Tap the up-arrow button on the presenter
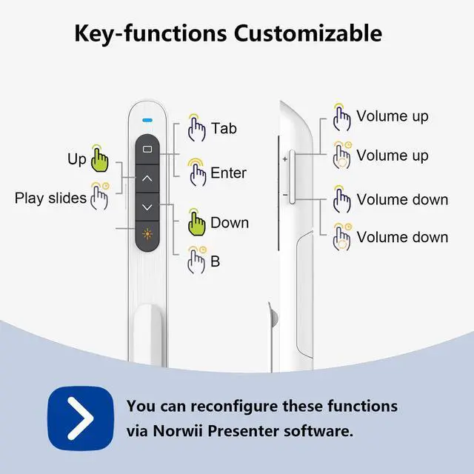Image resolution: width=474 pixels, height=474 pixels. [147, 178]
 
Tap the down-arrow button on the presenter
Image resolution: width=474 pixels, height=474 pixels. [147, 207]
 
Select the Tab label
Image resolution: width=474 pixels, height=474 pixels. [224, 128]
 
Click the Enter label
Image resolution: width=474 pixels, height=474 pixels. [228, 173]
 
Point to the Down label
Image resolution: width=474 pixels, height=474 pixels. [230, 222]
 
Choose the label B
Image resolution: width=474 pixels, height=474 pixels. [215, 261]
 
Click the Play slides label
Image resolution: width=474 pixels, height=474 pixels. [50, 198]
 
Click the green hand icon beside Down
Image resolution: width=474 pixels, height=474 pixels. [196, 222]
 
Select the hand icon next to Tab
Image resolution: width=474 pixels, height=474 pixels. [196, 128]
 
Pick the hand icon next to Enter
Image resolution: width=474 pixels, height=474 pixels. [197, 173]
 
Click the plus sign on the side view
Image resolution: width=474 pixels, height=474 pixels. [284, 158]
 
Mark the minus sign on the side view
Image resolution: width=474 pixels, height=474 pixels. [284, 195]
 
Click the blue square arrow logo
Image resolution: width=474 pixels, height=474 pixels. [80, 417]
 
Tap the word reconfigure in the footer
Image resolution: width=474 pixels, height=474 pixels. [229, 406]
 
